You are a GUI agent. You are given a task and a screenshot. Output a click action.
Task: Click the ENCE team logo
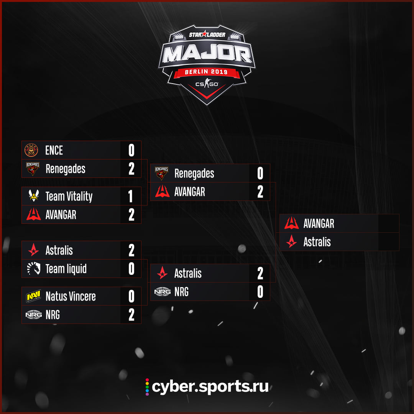coord(31,150)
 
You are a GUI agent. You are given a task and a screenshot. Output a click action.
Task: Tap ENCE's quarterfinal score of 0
coord(131,150)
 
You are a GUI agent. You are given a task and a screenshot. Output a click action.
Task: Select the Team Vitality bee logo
coord(33,195)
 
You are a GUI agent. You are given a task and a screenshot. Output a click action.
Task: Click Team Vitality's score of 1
coord(130,196)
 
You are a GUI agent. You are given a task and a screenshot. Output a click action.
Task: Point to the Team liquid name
coord(66,269)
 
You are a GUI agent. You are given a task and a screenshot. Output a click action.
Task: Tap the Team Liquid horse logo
coord(33,268)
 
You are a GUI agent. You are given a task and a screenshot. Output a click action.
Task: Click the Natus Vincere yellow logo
coord(33,296)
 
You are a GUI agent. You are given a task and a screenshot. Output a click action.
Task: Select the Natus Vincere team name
coord(71,296)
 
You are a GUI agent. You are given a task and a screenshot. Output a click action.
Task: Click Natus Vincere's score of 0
coord(131,296)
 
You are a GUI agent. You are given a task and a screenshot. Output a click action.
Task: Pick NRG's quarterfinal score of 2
coord(131,315)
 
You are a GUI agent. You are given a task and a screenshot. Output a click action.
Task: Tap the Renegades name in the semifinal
coord(194,174)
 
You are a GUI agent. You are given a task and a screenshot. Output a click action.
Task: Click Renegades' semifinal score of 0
coord(260,173)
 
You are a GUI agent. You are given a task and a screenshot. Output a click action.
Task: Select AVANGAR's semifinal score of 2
coord(260,192)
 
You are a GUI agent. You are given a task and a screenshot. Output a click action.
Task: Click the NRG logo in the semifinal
coord(163,291)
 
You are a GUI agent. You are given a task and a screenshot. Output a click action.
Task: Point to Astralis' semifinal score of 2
coord(260,273)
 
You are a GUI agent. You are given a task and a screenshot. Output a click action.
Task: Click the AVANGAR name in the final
coord(319,223)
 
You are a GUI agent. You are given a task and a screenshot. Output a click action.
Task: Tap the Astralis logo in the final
coord(291,242)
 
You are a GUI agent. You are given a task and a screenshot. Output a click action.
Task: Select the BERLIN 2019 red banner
coord(207,72)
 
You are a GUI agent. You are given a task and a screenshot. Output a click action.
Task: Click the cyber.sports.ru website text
coord(210,387)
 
